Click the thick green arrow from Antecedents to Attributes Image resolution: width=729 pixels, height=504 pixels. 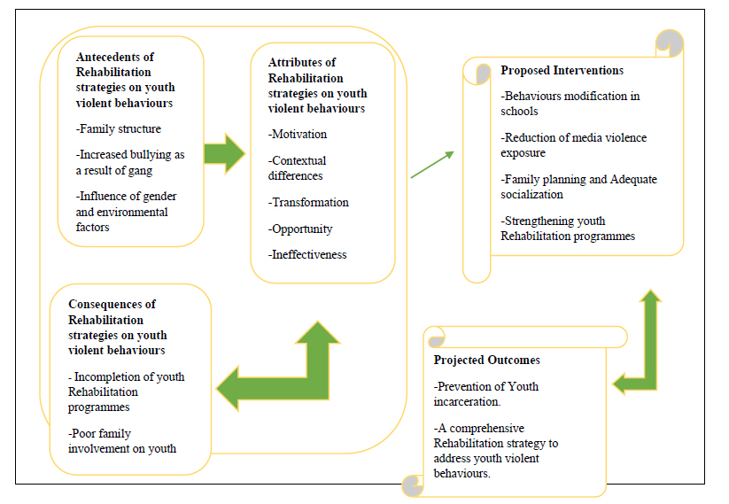click(223, 153)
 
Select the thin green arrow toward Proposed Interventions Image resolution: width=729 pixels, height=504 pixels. click(432, 165)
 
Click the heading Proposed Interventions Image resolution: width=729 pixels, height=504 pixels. click(562, 70)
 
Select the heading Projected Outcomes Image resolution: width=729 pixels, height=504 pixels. click(486, 361)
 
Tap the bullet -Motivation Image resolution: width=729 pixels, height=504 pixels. click(298, 135)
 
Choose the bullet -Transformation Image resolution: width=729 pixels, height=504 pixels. click(308, 202)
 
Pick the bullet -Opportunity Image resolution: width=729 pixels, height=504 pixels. click(300, 229)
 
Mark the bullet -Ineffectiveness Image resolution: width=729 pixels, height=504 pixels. click(307, 254)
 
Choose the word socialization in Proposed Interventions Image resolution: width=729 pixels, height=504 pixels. click(533, 194)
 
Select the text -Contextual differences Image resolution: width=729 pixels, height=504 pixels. click(297, 167)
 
